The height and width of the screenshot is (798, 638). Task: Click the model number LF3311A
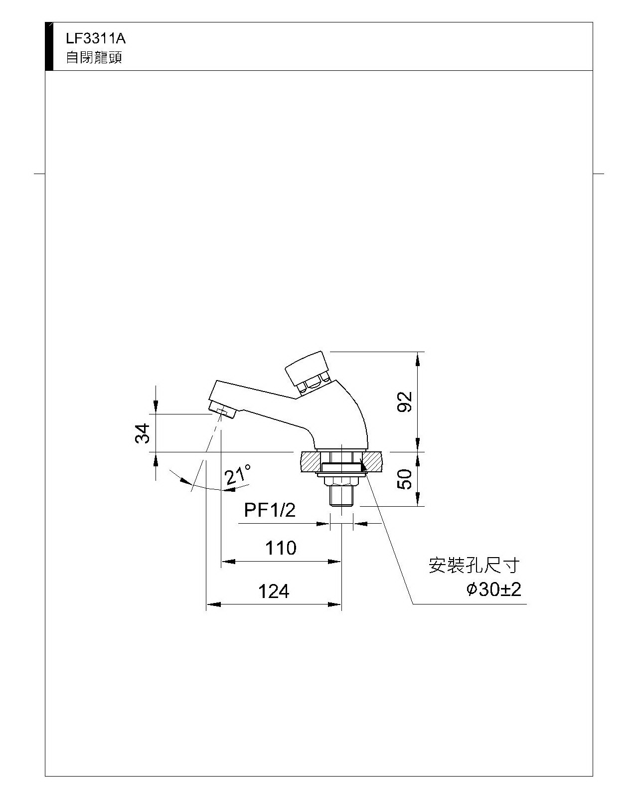point(96,38)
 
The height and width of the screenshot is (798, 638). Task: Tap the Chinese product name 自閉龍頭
point(94,57)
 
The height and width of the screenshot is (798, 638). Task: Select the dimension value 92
point(404,401)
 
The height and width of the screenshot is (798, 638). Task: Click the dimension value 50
point(404,479)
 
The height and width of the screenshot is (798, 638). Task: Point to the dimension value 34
point(143,433)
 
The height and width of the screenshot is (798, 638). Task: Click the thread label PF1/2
point(270,510)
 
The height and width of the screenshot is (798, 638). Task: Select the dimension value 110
point(281,548)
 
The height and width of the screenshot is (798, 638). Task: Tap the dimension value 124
point(274,592)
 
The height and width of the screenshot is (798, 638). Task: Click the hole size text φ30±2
point(494,589)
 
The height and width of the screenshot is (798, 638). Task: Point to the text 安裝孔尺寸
point(474,566)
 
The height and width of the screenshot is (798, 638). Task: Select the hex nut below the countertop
point(341,481)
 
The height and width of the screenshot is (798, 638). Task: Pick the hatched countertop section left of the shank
point(309,462)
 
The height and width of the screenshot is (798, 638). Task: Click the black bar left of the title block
point(49,46)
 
